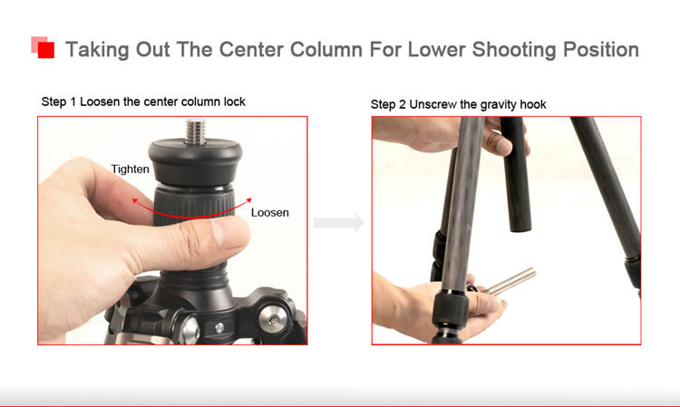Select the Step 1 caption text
point(143,102)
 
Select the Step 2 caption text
point(459,104)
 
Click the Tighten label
point(130,169)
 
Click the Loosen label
point(270,212)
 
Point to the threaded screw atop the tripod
point(196,131)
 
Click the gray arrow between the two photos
point(339,222)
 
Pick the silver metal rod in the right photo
point(511,281)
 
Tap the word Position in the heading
point(601,50)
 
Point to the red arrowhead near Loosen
point(248,200)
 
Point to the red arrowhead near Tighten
point(135,201)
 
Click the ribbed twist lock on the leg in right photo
point(451,311)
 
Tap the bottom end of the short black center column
point(520,228)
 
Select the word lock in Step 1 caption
point(235,102)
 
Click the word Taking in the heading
point(97,50)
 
